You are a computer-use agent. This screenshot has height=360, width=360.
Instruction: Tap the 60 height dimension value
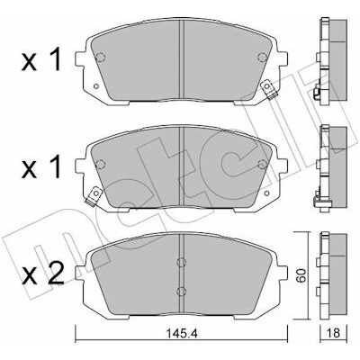301,275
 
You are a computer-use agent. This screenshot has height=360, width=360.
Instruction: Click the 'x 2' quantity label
43,274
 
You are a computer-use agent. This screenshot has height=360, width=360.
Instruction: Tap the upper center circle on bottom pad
181,262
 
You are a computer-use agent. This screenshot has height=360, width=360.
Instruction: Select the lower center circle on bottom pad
181,291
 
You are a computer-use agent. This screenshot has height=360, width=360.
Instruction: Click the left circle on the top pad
101,57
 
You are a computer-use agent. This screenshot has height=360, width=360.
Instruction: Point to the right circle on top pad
262,57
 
